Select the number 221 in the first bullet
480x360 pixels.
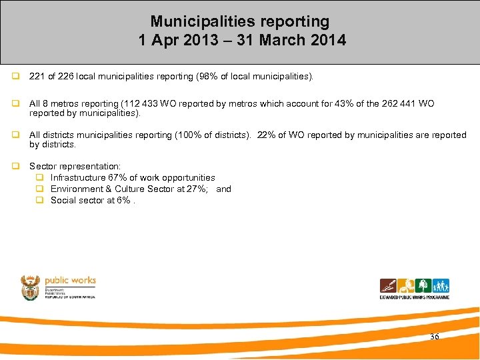tap(37, 77)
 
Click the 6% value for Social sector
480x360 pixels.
tap(123, 200)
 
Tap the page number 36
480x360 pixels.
tap(435, 337)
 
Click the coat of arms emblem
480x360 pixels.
tap(30, 287)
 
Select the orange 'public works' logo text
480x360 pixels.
tap(70, 281)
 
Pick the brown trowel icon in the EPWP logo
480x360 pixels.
tap(388, 285)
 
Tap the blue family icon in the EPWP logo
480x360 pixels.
tap(441, 285)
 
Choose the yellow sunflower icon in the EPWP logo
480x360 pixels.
tap(405, 285)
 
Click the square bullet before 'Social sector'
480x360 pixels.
tap(40, 200)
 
